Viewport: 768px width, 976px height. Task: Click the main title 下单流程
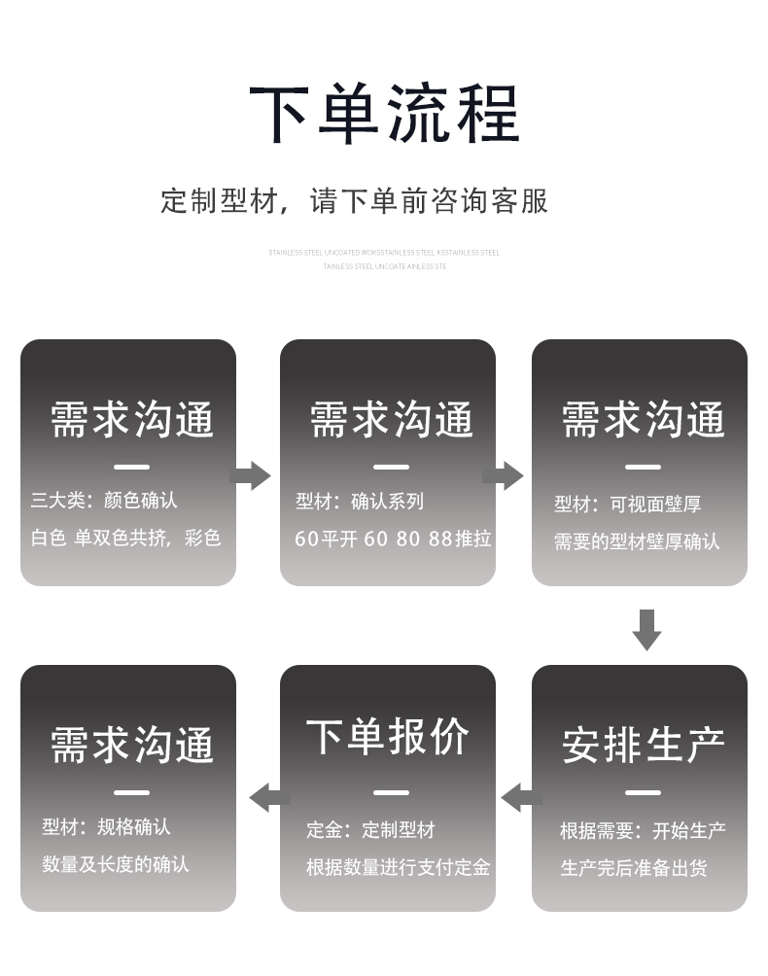tap(384, 116)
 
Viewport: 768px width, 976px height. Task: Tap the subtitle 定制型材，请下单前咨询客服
tap(354, 201)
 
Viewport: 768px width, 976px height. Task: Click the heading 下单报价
tap(387, 737)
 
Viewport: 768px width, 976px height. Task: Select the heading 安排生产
tap(643, 745)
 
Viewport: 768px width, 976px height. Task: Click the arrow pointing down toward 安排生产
tap(646, 629)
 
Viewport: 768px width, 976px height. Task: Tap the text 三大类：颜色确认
tap(104, 501)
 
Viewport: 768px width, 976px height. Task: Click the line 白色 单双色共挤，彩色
tap(126, 538)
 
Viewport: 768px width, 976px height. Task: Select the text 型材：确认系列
tap(360, 502)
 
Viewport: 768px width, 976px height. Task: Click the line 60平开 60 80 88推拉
tap(393, 539)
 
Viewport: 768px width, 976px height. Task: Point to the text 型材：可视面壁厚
tap(627, 505)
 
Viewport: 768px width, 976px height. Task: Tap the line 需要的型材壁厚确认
tap(637, 541)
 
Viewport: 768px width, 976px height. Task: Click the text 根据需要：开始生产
tap(643, 831)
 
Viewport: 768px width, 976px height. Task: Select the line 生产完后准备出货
tap(633, 868)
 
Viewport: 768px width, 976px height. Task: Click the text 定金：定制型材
tap(370, 830)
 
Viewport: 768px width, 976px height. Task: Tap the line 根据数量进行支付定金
tap(398, 867)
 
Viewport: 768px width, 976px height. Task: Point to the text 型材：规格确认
tap(106, 827)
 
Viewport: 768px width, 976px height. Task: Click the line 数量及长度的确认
tap(115, 864)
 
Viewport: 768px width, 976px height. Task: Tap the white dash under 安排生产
tap(643, 793)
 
